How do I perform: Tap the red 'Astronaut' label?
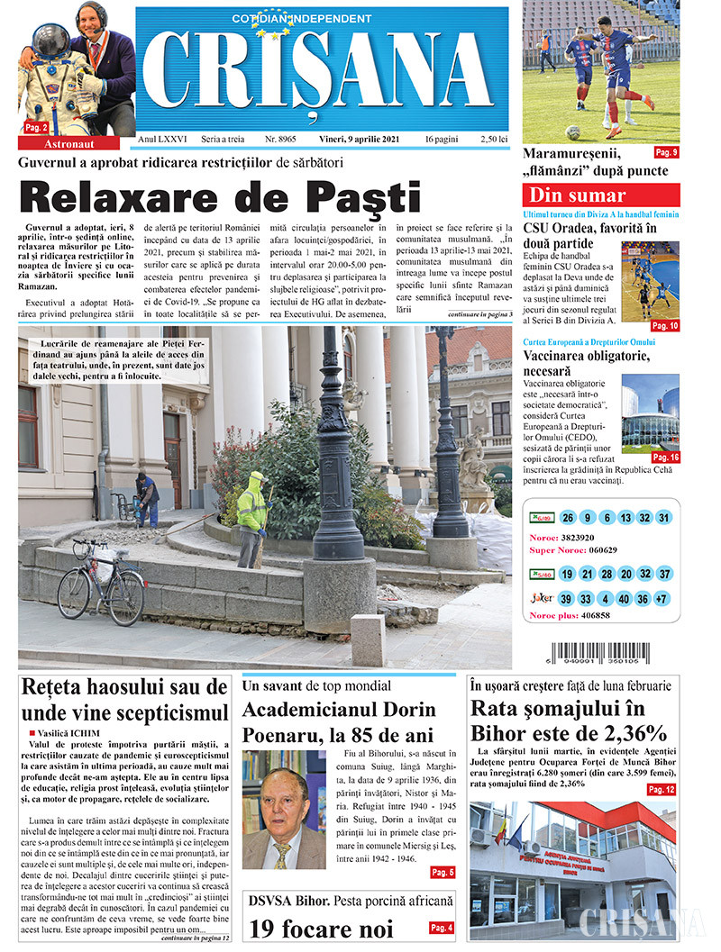[68, 143]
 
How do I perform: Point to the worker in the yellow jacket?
[253, 516]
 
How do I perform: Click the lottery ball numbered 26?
[567, 518]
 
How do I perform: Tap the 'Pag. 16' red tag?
[665, 458]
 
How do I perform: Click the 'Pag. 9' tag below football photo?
[666, 151]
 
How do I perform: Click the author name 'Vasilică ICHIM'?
[68, 733]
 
